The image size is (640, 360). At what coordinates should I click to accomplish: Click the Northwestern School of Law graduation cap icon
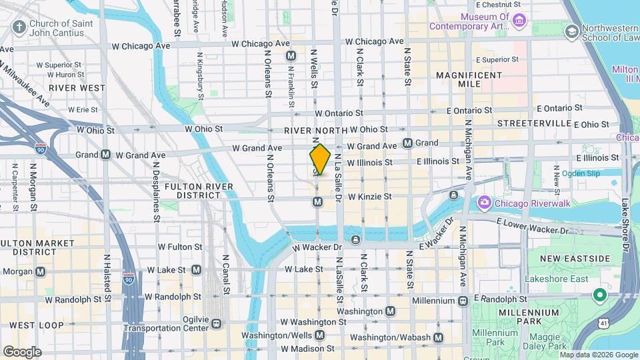571,31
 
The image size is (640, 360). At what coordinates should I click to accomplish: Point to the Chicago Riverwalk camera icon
485,202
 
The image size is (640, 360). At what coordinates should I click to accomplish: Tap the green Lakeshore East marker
599,294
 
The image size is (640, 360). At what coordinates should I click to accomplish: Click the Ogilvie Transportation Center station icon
217,323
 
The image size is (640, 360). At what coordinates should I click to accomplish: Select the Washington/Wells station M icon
319,335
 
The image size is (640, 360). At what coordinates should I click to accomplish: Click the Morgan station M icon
41,271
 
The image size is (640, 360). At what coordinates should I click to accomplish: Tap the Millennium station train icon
462,301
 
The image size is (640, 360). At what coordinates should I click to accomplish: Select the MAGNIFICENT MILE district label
469,81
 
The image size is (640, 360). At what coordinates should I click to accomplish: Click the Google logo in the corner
22,351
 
